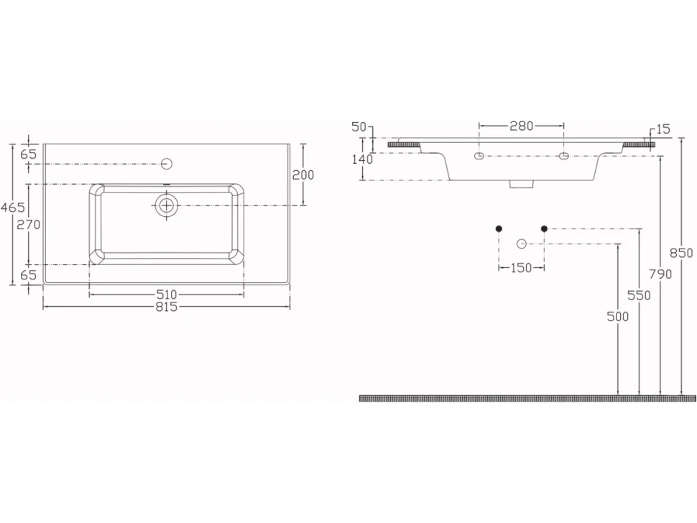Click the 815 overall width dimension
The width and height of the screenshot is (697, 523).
pos(167,307)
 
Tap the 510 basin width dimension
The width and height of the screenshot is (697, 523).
pos(167,294)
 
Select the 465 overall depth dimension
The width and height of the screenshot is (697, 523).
pos(13,207)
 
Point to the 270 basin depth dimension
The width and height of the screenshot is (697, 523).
pos(29,225)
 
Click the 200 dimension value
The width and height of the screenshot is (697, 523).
pos(303,175)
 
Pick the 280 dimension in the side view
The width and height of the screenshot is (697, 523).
pos(522,126)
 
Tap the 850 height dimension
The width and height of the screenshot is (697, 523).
pos(682,253)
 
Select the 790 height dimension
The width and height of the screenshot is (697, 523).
pos(660,274)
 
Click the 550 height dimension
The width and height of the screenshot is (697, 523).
pos(640,295)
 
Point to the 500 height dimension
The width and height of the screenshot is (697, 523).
pos(618,316)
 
